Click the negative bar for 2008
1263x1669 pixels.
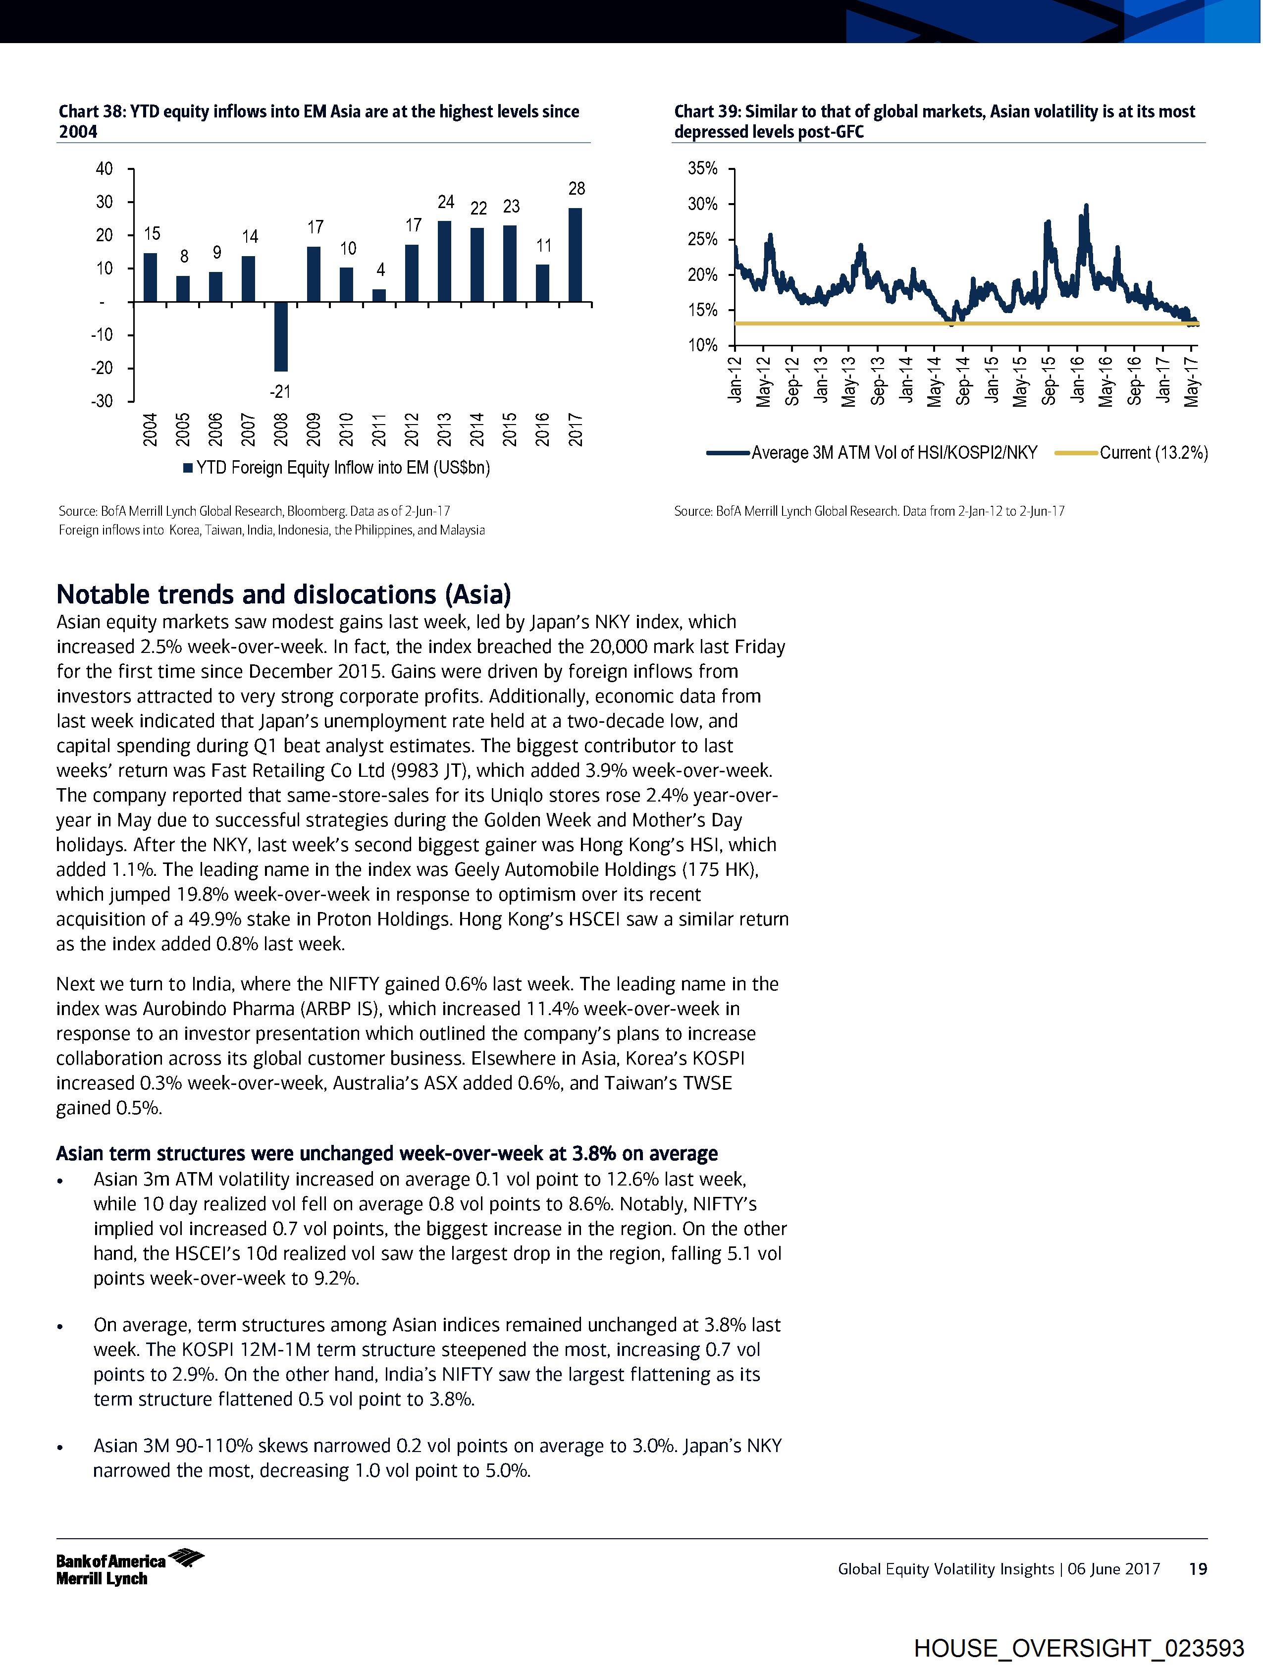(281, 336)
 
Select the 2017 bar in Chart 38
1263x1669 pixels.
(575, 255)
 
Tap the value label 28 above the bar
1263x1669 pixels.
(577, 189)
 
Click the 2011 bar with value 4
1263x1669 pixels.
(379, 295)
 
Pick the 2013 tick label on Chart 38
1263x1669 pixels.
(444, 430)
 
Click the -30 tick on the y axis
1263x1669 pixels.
(102, 401)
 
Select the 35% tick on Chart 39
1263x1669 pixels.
(702, 168)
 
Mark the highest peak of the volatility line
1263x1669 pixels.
(1086, 205)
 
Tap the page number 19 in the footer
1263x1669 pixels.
(1197, 1568)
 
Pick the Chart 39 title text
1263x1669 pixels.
(934, 121)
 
